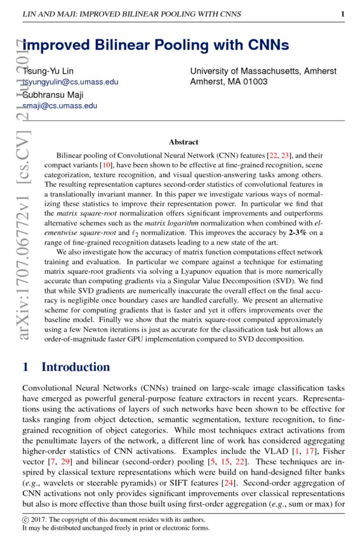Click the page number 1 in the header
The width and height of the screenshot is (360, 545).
pyautogui.click(x=342, y=14)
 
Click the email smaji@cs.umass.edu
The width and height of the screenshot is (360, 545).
pyautogui.click(x=60, y=106)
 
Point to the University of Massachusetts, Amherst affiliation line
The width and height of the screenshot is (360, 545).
pyautogui.click(x=263, y=71)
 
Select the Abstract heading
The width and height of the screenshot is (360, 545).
pyautogui.click(x=183, y=142)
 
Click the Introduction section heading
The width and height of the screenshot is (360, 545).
pyautogui.click(x=75, y=367)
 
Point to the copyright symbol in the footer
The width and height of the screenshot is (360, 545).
pyautogui.click(x=25, y=519)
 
